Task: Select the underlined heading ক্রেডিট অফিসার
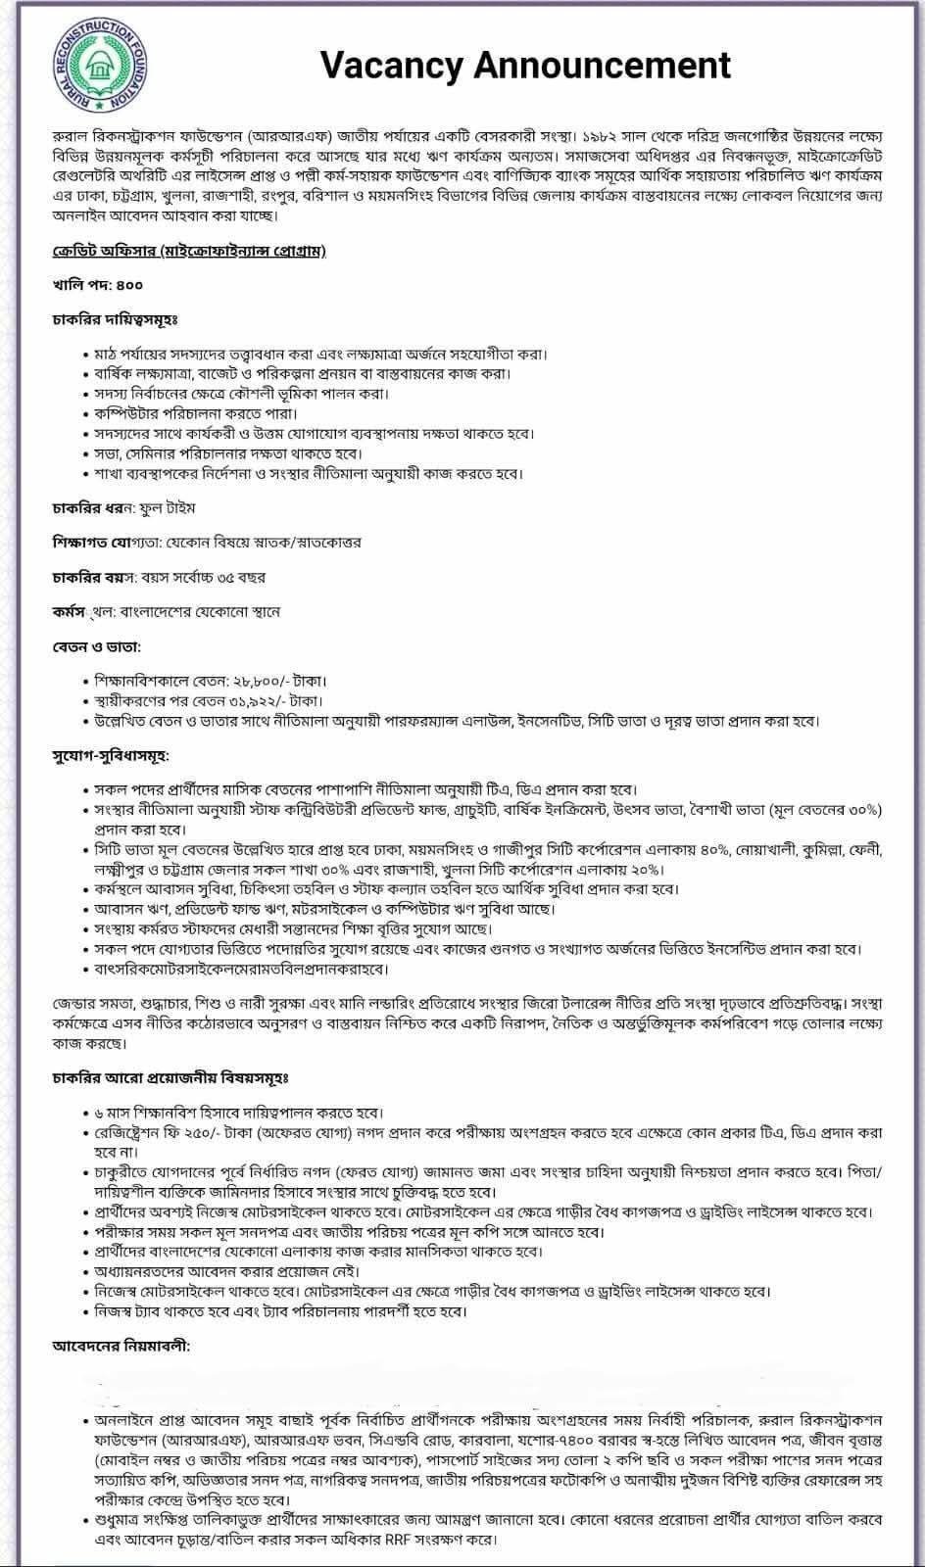point(97,251)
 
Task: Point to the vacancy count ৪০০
point(128,285)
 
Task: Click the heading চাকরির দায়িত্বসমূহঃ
point(115,319)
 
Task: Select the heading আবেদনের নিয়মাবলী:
point(121,1346)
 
